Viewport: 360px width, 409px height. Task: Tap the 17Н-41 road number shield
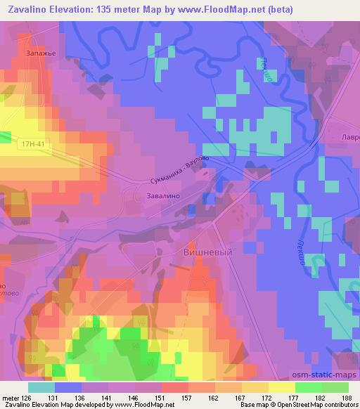click(x=33, y=142)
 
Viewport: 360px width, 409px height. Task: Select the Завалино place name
click(x=163, y=197)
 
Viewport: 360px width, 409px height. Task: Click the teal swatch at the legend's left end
click(x=41, y=387)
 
